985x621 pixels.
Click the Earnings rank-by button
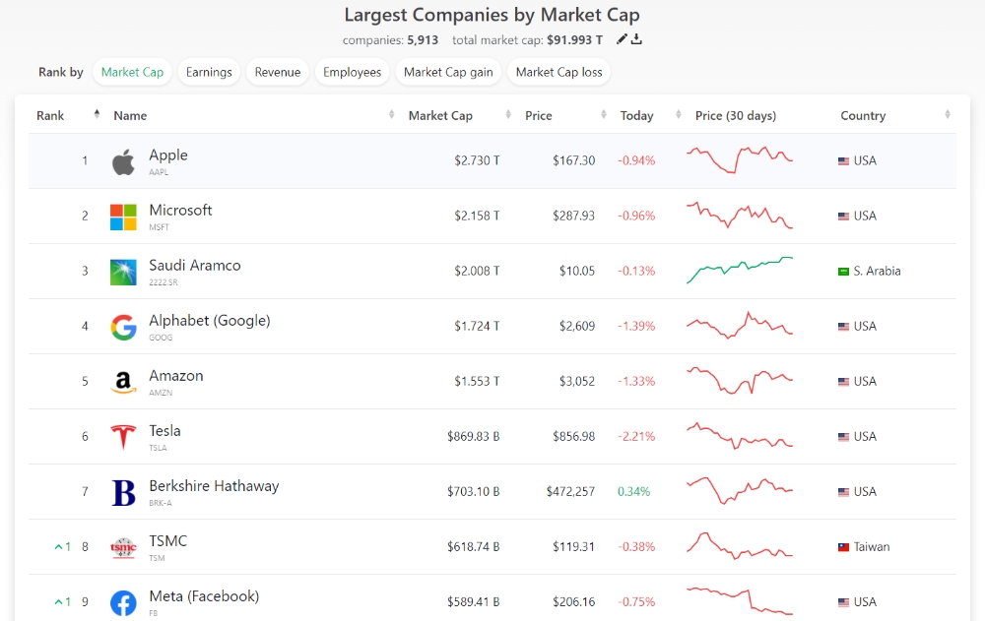pyautogui.click(x=209, y=72)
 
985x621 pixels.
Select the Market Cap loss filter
pyautogui.click(x=558, y=72)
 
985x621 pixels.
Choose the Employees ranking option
pyautogui.click(x=352, y=72)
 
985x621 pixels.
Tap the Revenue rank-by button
pyautogui.click(x=278, y=72)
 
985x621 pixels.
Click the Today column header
pyautogui.click(x=636, y=115)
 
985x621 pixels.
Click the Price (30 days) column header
pyautogui.click(x=735, y=115)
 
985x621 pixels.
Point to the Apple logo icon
pyautogui.click(x=123, y=161)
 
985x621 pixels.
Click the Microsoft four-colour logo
pyautogui.click(x=123, y=217)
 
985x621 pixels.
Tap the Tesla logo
pyautogui.click(x=123, y=437)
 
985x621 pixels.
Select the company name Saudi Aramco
pyautogui.click(x=195, y=266)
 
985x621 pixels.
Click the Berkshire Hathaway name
pyautogui.click(x=214, y=486)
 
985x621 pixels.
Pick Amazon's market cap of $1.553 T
pyautogui.click(x=477, y=381)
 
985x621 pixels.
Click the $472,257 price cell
pyautogui.click(x=570, y=491)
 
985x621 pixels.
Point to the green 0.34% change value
pyautogui.click(x=633, y=491)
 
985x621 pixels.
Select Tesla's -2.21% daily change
pyautogui.click(x=635, y=436)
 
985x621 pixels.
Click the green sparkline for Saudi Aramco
pyautogui.click(x=739, y=270)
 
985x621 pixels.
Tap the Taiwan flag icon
pyautogui.click(x=843, y=547)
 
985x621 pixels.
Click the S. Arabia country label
pyautogui.click(x=877, y=271)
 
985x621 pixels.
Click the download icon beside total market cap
pyautogui.click(x=636, y=39)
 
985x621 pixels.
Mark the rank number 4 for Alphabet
pyautogui.click(x=85, y=326)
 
